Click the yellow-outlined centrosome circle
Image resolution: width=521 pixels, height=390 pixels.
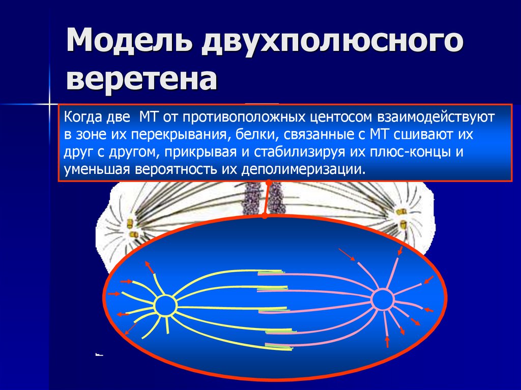(x=165, y=306)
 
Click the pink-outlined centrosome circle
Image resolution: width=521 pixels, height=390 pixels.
(x=382, y=300)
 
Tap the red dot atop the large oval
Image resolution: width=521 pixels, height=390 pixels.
(x=265, y=216)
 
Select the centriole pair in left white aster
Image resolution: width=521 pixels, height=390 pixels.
(x=132, y=228)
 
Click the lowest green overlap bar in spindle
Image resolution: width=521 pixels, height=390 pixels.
(x=279, y=347)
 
